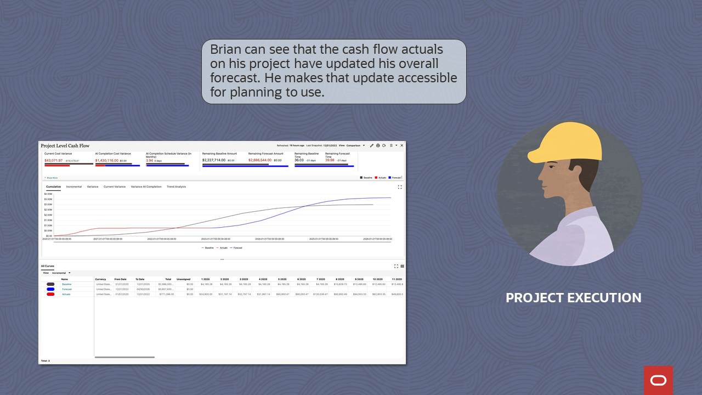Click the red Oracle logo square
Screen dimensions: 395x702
click(658, 380)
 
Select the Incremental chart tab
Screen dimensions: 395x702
click(73, 187)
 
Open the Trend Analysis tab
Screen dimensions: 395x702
click(176, 187)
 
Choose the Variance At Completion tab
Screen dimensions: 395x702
click(146, 187)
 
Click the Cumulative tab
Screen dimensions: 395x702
click(53, 187)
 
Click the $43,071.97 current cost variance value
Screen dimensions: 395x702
click(54, 160)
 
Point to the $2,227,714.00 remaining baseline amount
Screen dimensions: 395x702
click(214, 160)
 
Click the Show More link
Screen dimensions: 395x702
click(52, 178)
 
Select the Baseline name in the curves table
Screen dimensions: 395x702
click(66, 284)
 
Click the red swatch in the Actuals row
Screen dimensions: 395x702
click(50, 294)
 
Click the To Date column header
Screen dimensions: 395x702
click(140, 279)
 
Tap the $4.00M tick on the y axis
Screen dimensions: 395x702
click(48, 194)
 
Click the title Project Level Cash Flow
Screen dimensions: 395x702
click(65, 146)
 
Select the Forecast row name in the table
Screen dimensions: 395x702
click(66, 289)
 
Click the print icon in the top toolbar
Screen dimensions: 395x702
click(377, 145)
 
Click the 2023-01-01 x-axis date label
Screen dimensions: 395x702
click(215, 239)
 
